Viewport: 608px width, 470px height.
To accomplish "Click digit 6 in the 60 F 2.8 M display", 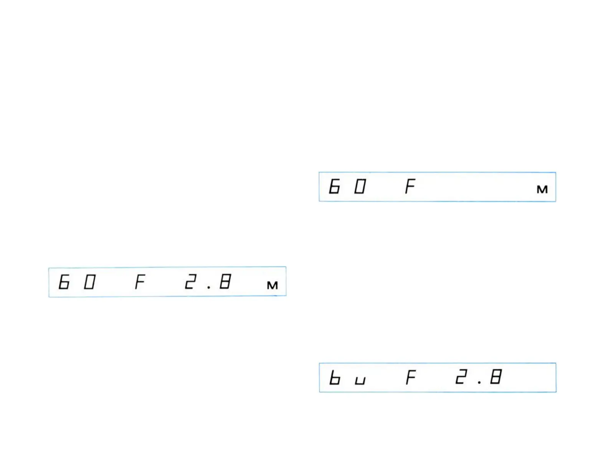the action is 64,282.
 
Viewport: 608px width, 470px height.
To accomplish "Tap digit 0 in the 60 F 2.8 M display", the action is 89,282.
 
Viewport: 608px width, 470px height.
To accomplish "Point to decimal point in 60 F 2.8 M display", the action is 208,286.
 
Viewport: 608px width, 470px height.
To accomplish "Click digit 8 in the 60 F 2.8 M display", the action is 225,282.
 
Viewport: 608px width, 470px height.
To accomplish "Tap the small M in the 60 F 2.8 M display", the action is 272,285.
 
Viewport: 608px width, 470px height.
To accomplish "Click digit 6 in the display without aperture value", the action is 334,187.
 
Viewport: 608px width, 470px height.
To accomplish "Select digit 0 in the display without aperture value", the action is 360,187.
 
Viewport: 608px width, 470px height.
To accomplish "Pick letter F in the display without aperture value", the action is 410,187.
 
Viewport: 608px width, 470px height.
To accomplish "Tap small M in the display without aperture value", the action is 542,189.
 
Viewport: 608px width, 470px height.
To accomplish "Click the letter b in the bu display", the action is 335,378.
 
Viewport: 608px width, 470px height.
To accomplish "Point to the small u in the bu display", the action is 360,381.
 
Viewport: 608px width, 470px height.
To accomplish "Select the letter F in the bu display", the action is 411,377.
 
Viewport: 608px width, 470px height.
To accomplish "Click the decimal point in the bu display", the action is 479,382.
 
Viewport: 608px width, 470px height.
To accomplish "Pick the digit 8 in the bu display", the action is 496,377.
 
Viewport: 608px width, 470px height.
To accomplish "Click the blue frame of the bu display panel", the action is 438,363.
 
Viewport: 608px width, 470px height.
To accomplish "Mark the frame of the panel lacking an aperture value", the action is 438,173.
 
